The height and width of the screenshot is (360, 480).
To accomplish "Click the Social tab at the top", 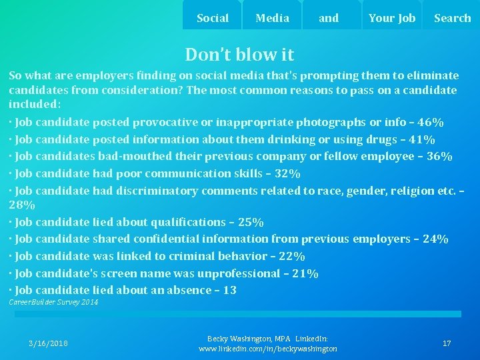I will [x=213, y=18].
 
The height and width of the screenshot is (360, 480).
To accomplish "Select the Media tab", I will [x=272, y=18].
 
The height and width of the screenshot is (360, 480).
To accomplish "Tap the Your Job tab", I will [x=391, y=18].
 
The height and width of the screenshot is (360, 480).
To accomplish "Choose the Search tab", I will [x=452, y=18].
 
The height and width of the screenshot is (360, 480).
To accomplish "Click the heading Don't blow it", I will [x=239, y=54].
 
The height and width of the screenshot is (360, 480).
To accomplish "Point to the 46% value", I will [x=431, y=123].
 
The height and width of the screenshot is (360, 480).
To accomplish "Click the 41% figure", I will [x=421, y=140].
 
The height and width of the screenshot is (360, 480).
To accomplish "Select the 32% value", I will [x=287, y=174].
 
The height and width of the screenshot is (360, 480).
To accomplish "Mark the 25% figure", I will [x=250, y=222].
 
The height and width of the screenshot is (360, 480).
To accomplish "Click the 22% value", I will [x=291, y=256].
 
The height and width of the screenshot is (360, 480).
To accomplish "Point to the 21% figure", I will [x=305, y=273].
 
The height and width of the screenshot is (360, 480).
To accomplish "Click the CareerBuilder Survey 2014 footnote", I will [x=53, y=303].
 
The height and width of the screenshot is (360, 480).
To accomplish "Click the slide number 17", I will [x=447, y=343].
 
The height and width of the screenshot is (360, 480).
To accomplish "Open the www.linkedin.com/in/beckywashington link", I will [x=268, y=349].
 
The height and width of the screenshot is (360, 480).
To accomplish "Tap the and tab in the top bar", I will [x=329, y=18].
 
